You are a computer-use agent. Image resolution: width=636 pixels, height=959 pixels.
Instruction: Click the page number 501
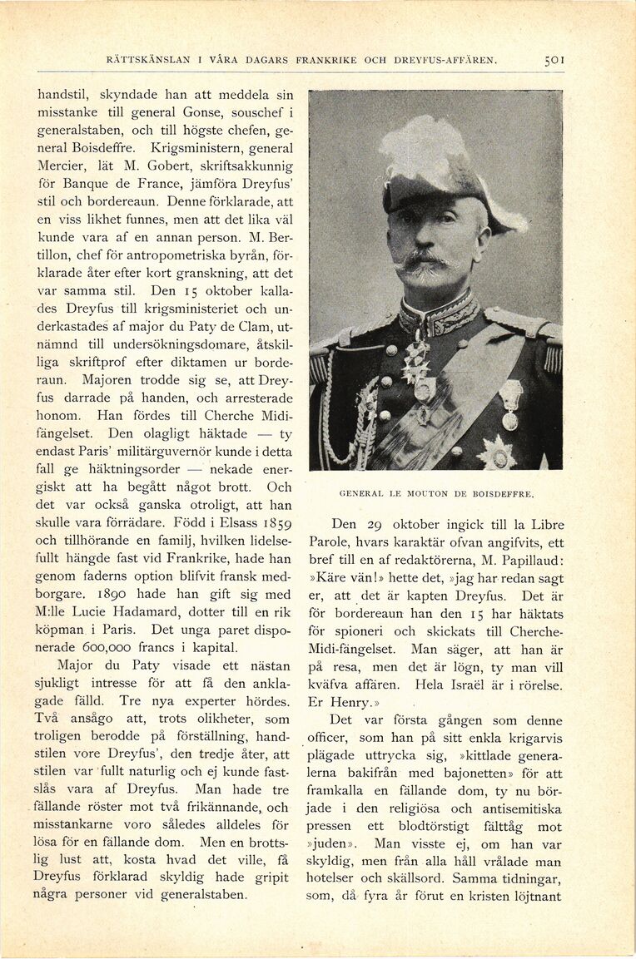tap(554, 60)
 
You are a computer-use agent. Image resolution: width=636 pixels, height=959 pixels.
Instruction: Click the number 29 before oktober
tap(378, 525)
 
